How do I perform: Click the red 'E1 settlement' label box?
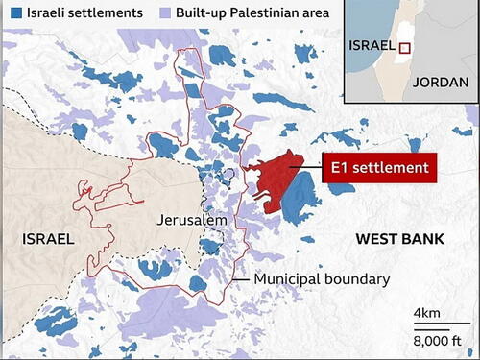pos(375,167)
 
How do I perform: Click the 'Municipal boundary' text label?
pos(322,280)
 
